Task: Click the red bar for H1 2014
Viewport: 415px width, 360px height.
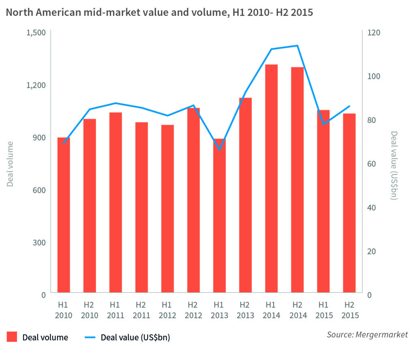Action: tap(271, 178)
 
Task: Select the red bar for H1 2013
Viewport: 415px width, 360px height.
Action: tap(219, 215)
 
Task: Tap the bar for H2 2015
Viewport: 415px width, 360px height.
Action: tap(349, 203)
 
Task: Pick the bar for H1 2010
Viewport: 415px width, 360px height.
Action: tap(64, 215)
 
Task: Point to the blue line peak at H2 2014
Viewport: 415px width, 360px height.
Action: tap(297, 45)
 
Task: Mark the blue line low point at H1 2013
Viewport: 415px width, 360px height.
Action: tap(219, 150)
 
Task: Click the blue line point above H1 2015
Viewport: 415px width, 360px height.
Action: tap(323, 124)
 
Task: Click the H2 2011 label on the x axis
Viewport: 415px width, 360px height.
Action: tap(141, 310)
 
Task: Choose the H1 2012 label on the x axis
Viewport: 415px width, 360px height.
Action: tap(167, 310)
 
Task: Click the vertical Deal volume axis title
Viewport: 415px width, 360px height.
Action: tap(10, 164)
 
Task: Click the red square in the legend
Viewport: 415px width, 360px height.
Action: tap(12, 337)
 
